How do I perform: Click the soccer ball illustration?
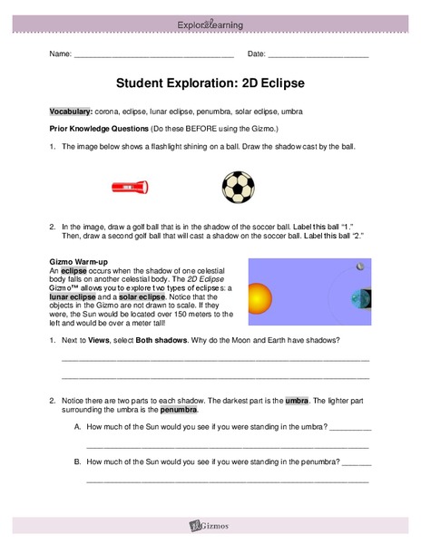pos(238,187)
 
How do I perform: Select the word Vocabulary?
pos(71,111)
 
